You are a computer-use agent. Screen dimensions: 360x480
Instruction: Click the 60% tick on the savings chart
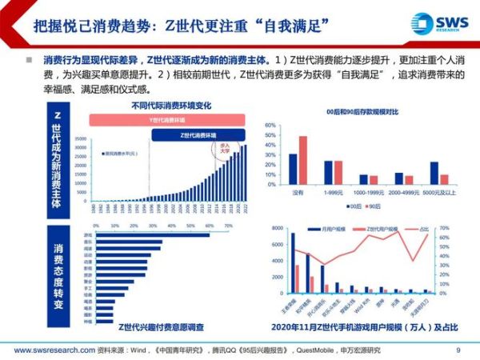(x=271, y=125)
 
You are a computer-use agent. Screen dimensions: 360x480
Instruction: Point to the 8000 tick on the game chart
(x=275, y=229)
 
